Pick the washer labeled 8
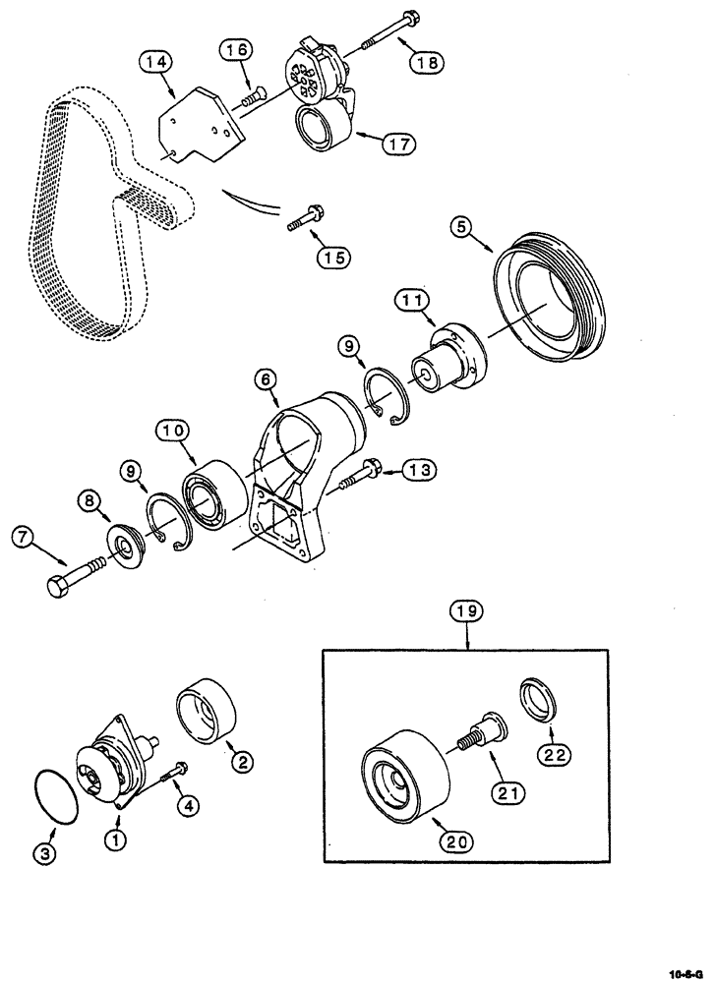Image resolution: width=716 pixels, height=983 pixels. click(126, 546)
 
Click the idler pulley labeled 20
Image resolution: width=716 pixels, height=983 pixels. click(404, 772)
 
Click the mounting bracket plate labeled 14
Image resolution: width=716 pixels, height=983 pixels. click(198, 124)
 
